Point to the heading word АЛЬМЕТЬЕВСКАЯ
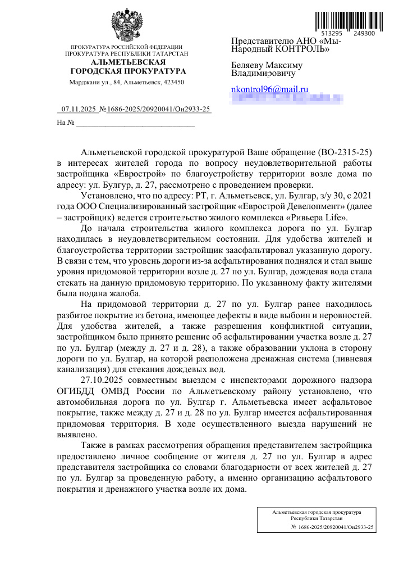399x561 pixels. point(127,61)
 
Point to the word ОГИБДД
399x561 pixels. point(76,391)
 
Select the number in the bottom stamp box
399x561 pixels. point(333,528)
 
